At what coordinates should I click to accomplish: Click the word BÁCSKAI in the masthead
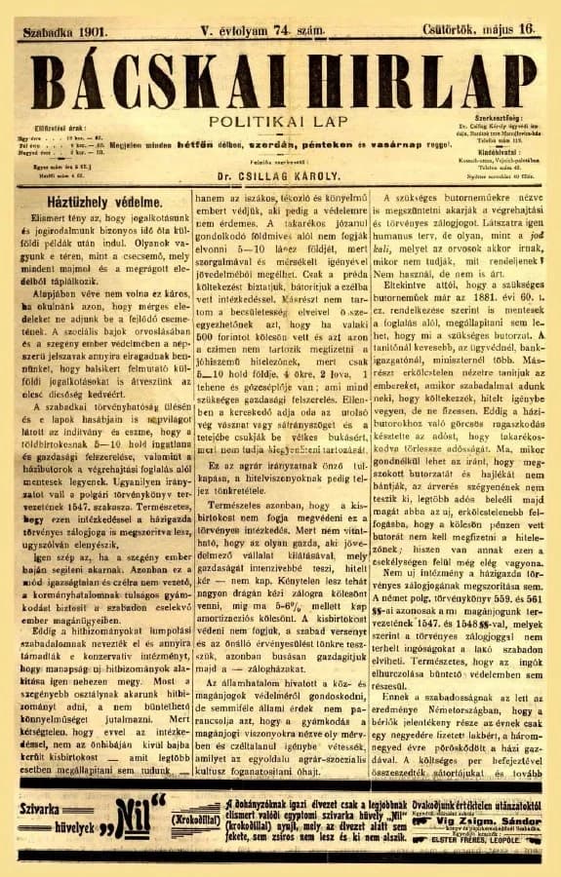coord(156,76)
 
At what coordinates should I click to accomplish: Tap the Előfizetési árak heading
coord(63,128)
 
